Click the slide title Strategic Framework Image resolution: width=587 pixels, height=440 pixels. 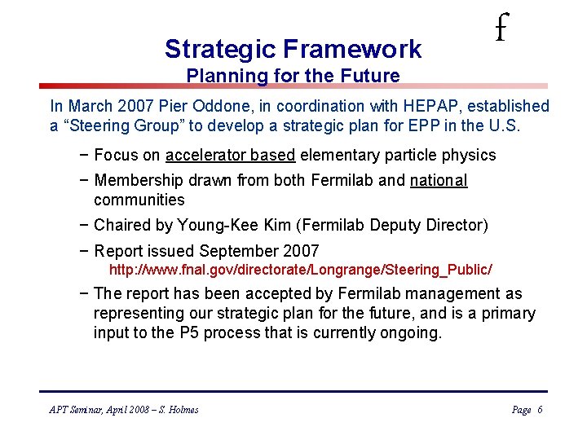[293, 49]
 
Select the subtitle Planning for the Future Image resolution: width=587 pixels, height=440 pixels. [293, 77]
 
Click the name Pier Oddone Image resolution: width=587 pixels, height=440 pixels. [221, 106]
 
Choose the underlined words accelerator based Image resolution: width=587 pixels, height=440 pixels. [231, 155]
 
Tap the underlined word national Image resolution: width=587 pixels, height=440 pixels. [439, 180]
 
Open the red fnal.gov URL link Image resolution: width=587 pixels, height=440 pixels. [301, 269]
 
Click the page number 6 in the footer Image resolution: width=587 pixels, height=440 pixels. [540, 410]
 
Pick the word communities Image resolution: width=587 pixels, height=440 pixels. [139, 200]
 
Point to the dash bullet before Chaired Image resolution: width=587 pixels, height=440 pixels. [86, 225]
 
